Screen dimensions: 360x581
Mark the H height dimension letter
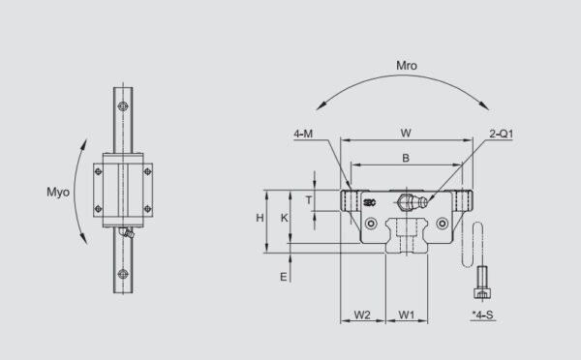(260, 219)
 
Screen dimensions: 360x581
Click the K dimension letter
(284, 219)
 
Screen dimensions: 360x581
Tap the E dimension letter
(284, 278)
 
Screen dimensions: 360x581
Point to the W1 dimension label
(407, 315)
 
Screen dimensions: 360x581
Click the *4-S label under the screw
(481, 315)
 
